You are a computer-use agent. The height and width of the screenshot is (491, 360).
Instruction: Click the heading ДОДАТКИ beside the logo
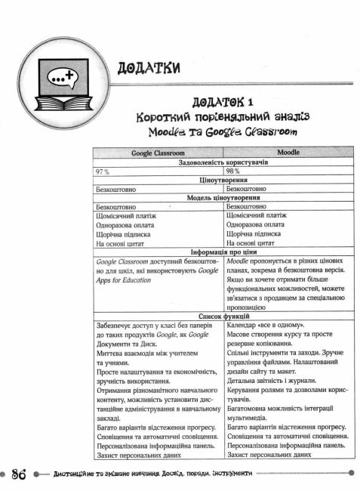click(x=149, y=68)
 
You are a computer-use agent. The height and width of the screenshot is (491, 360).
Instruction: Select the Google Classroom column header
click(x=158, y=153)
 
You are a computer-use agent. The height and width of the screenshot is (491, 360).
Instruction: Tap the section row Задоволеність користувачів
click(x=223, y=162)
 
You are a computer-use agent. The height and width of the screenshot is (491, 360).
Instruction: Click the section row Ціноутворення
click(x=223, y=181)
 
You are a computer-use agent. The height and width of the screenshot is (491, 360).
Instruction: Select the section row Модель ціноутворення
click(x=223, y=198)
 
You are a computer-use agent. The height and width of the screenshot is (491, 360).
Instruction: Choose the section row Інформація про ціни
click(x=223, y=252)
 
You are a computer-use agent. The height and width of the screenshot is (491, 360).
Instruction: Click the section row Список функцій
click(x=223, y=318)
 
